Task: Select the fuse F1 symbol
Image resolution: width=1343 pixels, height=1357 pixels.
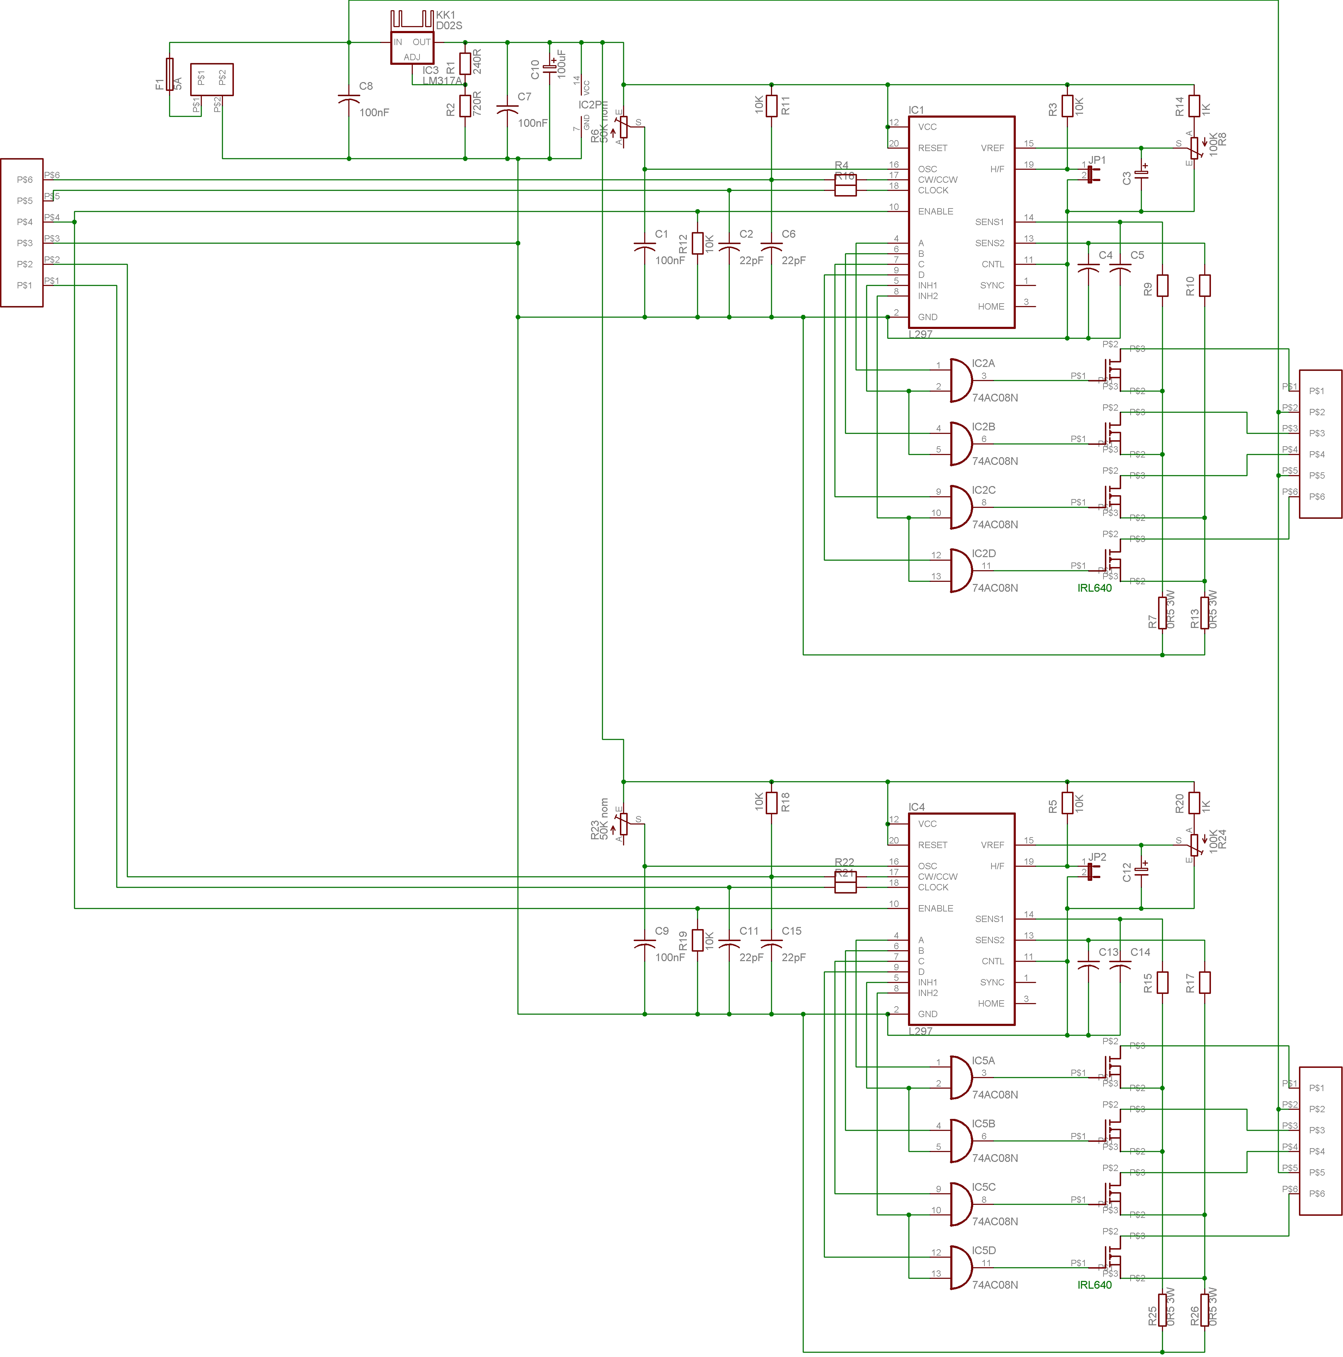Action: click(169, 74)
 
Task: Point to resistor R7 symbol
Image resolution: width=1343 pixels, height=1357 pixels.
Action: click(1162, 612)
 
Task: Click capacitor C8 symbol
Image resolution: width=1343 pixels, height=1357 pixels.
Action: click(349, 100)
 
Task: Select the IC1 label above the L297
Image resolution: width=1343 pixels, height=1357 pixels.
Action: click(916, 110)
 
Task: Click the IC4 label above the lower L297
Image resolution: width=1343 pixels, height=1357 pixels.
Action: click(916, 807)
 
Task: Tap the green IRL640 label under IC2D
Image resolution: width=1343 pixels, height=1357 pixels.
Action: click(1094, 588)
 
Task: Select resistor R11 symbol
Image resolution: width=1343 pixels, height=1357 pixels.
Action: click(771, 106)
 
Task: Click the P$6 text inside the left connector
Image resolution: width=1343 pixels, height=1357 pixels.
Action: click(25, 180)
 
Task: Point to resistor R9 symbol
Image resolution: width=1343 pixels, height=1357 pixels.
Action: click(1162, 285)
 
